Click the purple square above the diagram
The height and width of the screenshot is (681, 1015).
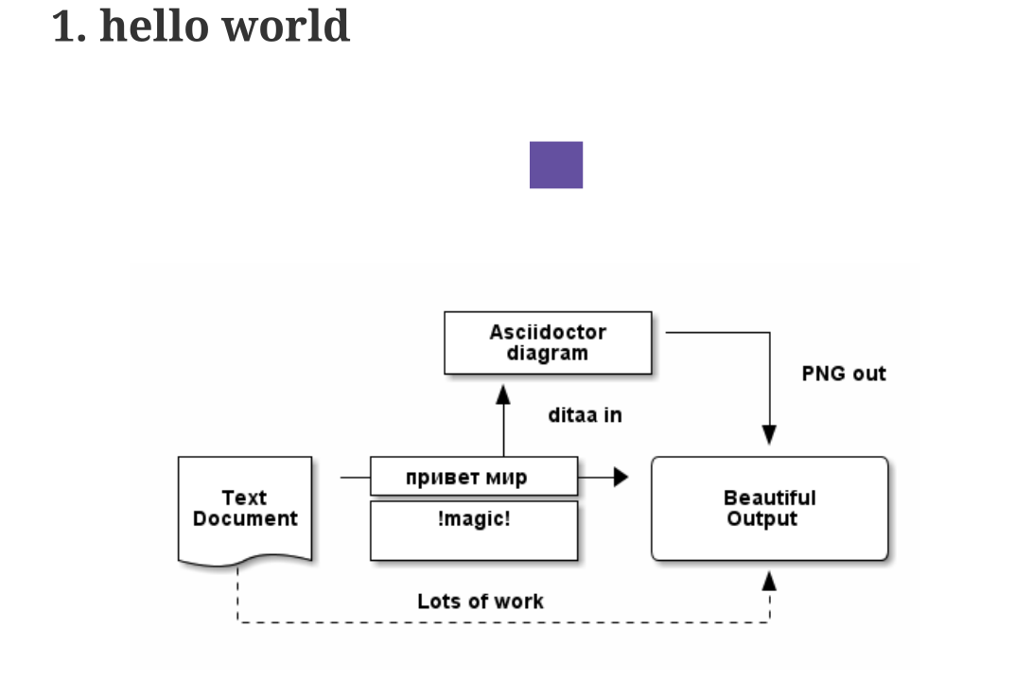click(555, 165)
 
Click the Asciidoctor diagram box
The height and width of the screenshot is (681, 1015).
click(548, 342)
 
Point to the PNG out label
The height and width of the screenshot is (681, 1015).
click(844, 374)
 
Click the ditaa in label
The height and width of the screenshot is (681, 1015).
click(585, 415)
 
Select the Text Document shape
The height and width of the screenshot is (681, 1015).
click(245, 509)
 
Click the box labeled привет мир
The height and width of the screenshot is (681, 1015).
click(473, 477)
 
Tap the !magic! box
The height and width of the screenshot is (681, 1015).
click(473, 530)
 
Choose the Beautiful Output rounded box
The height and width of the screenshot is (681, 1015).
click(769, 509)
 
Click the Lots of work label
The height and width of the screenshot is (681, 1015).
click(481, 602)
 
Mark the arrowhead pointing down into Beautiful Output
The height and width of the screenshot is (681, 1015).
click(769, 434)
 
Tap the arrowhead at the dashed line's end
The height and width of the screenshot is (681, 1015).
click(769, 581)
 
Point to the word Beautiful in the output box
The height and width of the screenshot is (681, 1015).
click(769, 498)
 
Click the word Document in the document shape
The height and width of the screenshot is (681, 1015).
click(245, 519)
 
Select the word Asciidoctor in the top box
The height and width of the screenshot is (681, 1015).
click(548, 332)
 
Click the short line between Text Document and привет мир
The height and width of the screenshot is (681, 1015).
click(355, 478)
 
